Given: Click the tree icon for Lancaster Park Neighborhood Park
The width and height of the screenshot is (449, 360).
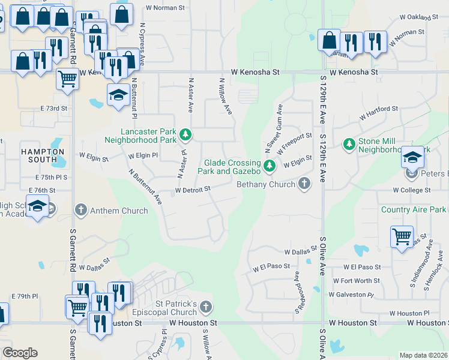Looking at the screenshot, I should (186, 134).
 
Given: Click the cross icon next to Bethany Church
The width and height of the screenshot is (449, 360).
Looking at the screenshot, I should (305, 184).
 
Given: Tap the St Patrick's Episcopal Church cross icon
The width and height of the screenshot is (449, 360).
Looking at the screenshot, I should (205, 308).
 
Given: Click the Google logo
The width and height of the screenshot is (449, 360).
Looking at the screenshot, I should (20, 353).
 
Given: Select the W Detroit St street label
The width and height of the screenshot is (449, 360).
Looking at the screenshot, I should (192, 190).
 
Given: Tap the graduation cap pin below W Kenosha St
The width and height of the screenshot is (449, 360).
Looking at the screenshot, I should (118, 94).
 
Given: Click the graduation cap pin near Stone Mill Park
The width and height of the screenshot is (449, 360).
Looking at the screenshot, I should (412, 157).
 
